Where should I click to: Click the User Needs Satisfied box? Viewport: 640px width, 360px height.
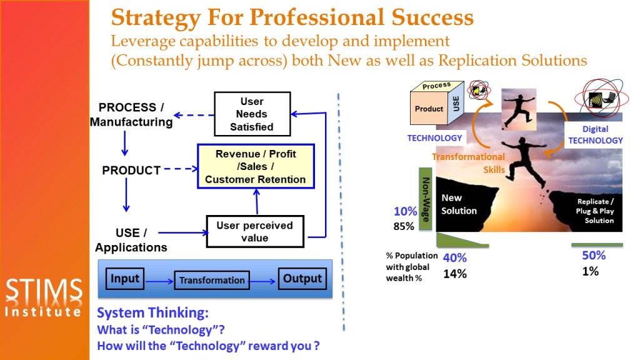pos(252,114)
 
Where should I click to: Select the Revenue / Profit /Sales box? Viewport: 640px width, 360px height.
pos(256,166)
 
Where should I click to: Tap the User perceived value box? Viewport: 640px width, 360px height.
pos(255,231)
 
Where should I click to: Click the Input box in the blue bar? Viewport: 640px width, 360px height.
pos(125,279)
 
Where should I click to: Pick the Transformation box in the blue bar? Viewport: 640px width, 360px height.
pos(212,281)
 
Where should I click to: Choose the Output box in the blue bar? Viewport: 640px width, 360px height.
pos(302,279)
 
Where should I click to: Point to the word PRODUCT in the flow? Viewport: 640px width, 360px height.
pos(131,170)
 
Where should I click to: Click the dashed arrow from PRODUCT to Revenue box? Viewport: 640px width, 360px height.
pos(181,169)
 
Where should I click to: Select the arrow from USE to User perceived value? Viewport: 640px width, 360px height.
pos(183,232)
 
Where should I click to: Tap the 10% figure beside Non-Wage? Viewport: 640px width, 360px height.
pos(405,211)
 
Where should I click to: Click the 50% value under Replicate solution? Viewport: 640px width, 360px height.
pos(594,256)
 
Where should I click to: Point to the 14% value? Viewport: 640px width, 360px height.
pos(455,274)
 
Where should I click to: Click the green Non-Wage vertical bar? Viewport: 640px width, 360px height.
pos(425,199)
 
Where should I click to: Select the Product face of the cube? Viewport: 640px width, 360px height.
pos(429,109)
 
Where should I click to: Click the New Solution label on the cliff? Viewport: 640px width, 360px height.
pos(459,204)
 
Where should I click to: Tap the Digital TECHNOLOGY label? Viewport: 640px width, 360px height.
pos(596,135)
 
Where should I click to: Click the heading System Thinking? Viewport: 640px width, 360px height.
pos(152,312)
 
